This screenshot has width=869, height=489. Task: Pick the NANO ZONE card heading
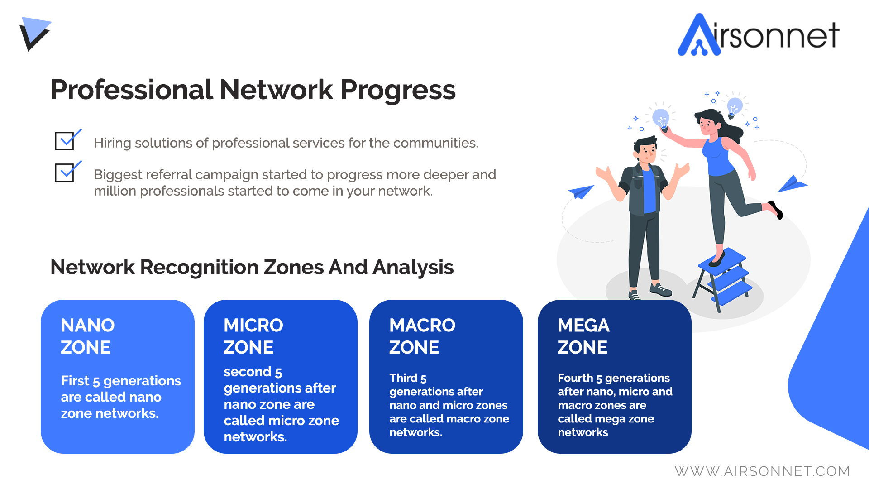(x=88, y=336)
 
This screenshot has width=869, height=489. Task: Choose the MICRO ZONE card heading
(x=253, y=336)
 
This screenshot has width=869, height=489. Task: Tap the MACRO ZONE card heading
(x=422, y=336)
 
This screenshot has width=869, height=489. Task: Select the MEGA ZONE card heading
(x=583, y=336)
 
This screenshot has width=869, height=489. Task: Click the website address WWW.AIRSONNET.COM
(x=762, y=471)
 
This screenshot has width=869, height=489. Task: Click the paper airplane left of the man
(x=581, y=192)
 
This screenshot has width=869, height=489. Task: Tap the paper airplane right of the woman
(x=793, y=184)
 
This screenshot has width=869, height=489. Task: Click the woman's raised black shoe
(x=776, y=210)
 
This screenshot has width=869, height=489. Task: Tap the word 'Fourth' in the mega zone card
(x=575, y=378)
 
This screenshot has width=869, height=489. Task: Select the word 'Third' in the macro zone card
(x=403, y=378)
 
